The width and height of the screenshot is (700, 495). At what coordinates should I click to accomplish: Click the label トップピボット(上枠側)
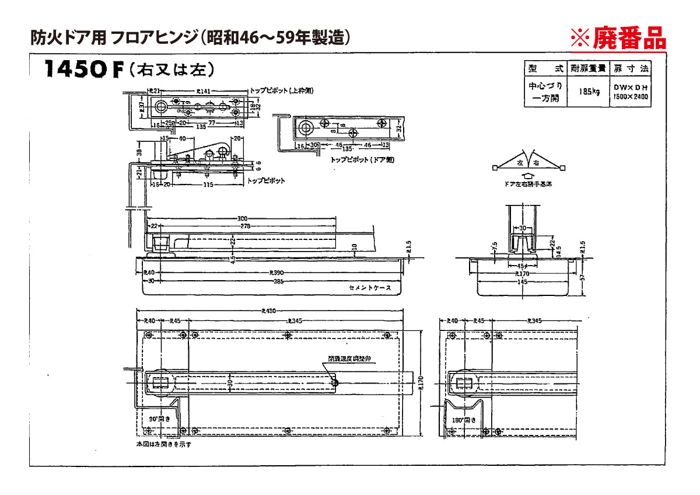pyautogui.click(x=282, y=91)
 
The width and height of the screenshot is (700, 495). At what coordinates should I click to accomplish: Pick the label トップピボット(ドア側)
pyautogui.click(x=353, y=159)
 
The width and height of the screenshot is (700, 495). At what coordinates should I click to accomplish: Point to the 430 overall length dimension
pyautogui.click(x=269, y=311)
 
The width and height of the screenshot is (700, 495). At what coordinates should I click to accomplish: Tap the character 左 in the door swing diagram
pyautogui.click(x=519, y=164)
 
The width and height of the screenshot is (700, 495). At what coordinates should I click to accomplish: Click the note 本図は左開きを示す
pyautogui.click(x=163, y=444)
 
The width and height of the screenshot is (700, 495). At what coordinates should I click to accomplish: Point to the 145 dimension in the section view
pyautogui.click(x=521, y=281)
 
